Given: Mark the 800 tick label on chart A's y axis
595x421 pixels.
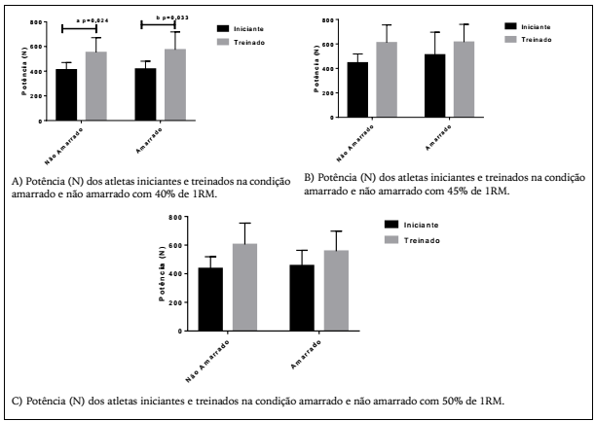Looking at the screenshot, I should (37, 22).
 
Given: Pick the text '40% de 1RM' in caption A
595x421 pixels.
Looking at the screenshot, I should (176, 193).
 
